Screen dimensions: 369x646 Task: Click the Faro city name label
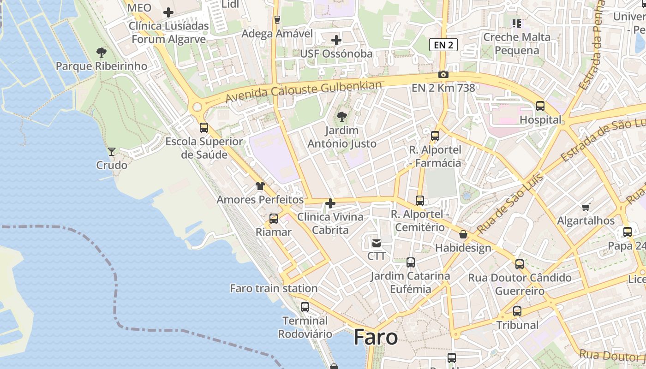point(376,337)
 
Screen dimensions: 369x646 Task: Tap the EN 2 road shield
point(443,45)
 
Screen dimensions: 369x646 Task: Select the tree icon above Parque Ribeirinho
point(102,53)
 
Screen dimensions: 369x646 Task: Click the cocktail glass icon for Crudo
point(111,151)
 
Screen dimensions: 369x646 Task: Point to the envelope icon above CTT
point(377,243)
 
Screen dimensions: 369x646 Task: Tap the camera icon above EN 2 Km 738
point(443,74)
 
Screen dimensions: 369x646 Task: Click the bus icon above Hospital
point(540,106)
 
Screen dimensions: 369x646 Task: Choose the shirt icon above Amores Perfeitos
point(260,186)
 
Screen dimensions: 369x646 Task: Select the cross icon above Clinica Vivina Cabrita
point(330,203)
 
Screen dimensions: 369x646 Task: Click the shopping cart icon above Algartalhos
point(586,207)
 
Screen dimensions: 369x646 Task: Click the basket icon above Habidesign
point(463,234)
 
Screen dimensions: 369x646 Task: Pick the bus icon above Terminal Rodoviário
point(305,307)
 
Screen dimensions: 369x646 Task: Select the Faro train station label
point(274,288)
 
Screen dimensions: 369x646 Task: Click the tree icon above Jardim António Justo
point(342,117)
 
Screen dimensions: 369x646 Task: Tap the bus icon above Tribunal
point(517,311)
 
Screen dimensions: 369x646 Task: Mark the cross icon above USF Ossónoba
point(336,40)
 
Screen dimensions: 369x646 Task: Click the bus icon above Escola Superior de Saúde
point(204,128)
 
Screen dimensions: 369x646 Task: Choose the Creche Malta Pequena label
point(517,43)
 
